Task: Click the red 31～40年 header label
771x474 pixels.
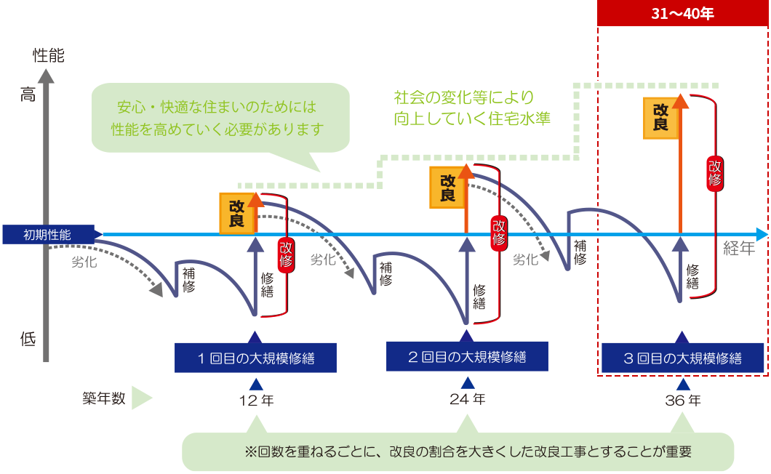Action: (682, 15)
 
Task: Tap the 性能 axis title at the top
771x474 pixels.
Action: (49, 56)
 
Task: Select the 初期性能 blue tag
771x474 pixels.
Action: (47, 234)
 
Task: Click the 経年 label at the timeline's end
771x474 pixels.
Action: (740, 249)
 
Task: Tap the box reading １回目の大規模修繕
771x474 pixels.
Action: (255, 357)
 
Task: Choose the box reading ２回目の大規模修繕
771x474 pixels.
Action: (467, 356)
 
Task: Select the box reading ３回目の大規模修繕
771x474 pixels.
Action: (682, 357)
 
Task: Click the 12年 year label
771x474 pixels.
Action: (255, 400)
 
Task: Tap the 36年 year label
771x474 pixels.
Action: (682, 400)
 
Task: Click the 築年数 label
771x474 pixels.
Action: (104, 398)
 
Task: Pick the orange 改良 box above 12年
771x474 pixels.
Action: (236, 214)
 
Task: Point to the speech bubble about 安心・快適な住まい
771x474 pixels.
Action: (218, 117)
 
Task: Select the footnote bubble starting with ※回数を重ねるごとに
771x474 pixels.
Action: (458, 451)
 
